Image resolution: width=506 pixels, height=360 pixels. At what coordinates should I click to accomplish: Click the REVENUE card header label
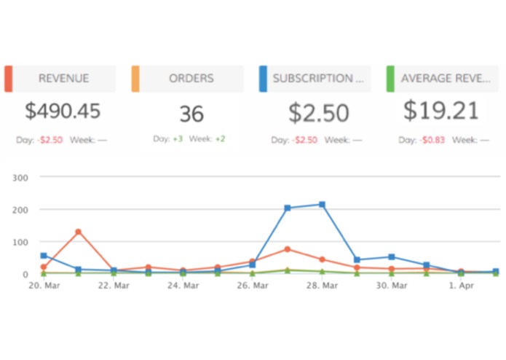[x=64, y=79]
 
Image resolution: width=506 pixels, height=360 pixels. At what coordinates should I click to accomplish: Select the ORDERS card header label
[x=190, y=79]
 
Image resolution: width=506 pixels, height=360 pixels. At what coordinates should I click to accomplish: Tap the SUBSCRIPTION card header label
[x=317, y=79]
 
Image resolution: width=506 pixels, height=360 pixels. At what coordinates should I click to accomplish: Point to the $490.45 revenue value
[x=63, y=111]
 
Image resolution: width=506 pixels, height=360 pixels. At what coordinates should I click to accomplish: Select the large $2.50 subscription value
[x=319, y=113]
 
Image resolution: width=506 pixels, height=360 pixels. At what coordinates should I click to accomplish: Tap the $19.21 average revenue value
[x=442, y=111]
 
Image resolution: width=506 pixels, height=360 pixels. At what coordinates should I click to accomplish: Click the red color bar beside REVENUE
[x=8, y=79]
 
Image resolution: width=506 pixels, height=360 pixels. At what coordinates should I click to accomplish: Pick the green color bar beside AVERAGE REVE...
[x=390, y=79]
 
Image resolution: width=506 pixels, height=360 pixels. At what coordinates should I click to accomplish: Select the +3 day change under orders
[x=177, y=138]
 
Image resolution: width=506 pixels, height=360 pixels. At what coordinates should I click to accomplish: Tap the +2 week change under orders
[x=220, y=138]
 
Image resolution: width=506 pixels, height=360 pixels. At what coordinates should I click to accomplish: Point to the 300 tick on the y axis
[x=20, y=177]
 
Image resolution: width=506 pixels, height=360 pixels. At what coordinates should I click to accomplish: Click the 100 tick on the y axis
[x=20, y=242]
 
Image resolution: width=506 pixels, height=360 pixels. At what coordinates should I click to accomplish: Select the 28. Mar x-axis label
[x=322, y=286]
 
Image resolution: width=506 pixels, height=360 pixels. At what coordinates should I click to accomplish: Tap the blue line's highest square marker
[x=322, y=205]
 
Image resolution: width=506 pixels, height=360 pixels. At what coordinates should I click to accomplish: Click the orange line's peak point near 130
[x=78, y=232]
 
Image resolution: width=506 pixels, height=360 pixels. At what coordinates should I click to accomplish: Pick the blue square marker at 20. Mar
[x=44, y=256]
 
